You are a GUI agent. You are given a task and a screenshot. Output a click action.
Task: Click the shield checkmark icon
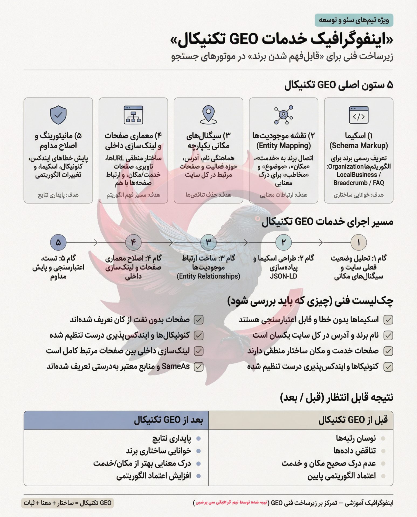click(58, 115)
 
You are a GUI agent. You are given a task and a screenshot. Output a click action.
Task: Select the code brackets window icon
click(359, 115)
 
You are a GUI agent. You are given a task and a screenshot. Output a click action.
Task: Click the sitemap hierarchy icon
click(133, 115)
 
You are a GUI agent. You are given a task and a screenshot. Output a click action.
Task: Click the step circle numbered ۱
click(359, 242)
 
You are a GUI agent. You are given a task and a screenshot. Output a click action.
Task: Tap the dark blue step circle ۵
click(58, 242)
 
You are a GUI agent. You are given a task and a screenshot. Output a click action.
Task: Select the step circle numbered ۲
click(283, 242)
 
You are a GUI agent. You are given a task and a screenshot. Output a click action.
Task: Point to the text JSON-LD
click(283, 276)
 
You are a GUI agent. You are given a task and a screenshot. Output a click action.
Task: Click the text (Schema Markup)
click(359, 146)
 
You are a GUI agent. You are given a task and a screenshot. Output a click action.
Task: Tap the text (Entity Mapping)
click(283, 146)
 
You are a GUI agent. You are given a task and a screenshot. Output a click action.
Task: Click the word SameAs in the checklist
click(176, 366)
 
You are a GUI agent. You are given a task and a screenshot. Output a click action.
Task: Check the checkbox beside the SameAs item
click(199, 367)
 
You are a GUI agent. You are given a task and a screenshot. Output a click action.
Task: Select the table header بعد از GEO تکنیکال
click(168, 420)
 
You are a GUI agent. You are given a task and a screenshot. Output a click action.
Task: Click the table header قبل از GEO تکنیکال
click(353, 420)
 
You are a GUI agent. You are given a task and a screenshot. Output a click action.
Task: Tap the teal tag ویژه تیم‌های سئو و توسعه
click(354, 20)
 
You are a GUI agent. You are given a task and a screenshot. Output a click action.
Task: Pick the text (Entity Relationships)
click(208, 276)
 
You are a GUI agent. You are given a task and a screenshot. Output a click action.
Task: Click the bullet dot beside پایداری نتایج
click(199, 439)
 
